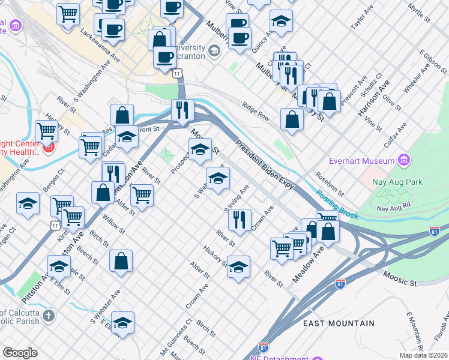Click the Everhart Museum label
(x=361, y=161)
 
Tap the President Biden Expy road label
(x=265, y=164)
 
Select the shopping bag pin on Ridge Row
(x=292, y=119)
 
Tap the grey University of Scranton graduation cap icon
(x=214, y=50)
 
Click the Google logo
(x=20, y=353)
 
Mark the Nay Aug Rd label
(x=393, y=208)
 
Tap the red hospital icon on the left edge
(x=47, y=146)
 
